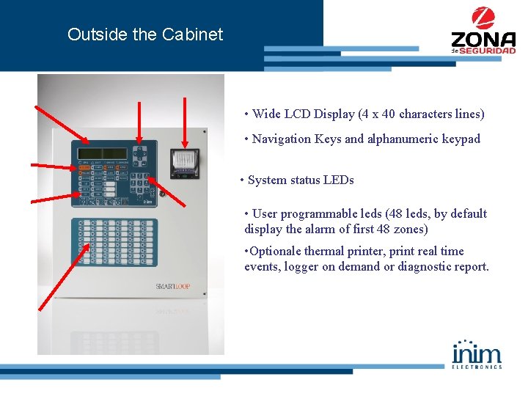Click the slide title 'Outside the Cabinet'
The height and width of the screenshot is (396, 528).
(144, 34)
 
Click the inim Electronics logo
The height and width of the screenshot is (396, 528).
(477, 353)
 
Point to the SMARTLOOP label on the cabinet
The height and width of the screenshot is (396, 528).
(172, 286)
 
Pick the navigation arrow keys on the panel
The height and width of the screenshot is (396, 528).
(139, 155)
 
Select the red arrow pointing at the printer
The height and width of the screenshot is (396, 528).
(183, 122)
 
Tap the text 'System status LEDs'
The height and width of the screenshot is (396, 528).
(301, 180)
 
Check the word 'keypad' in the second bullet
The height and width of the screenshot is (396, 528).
(461, 139)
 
